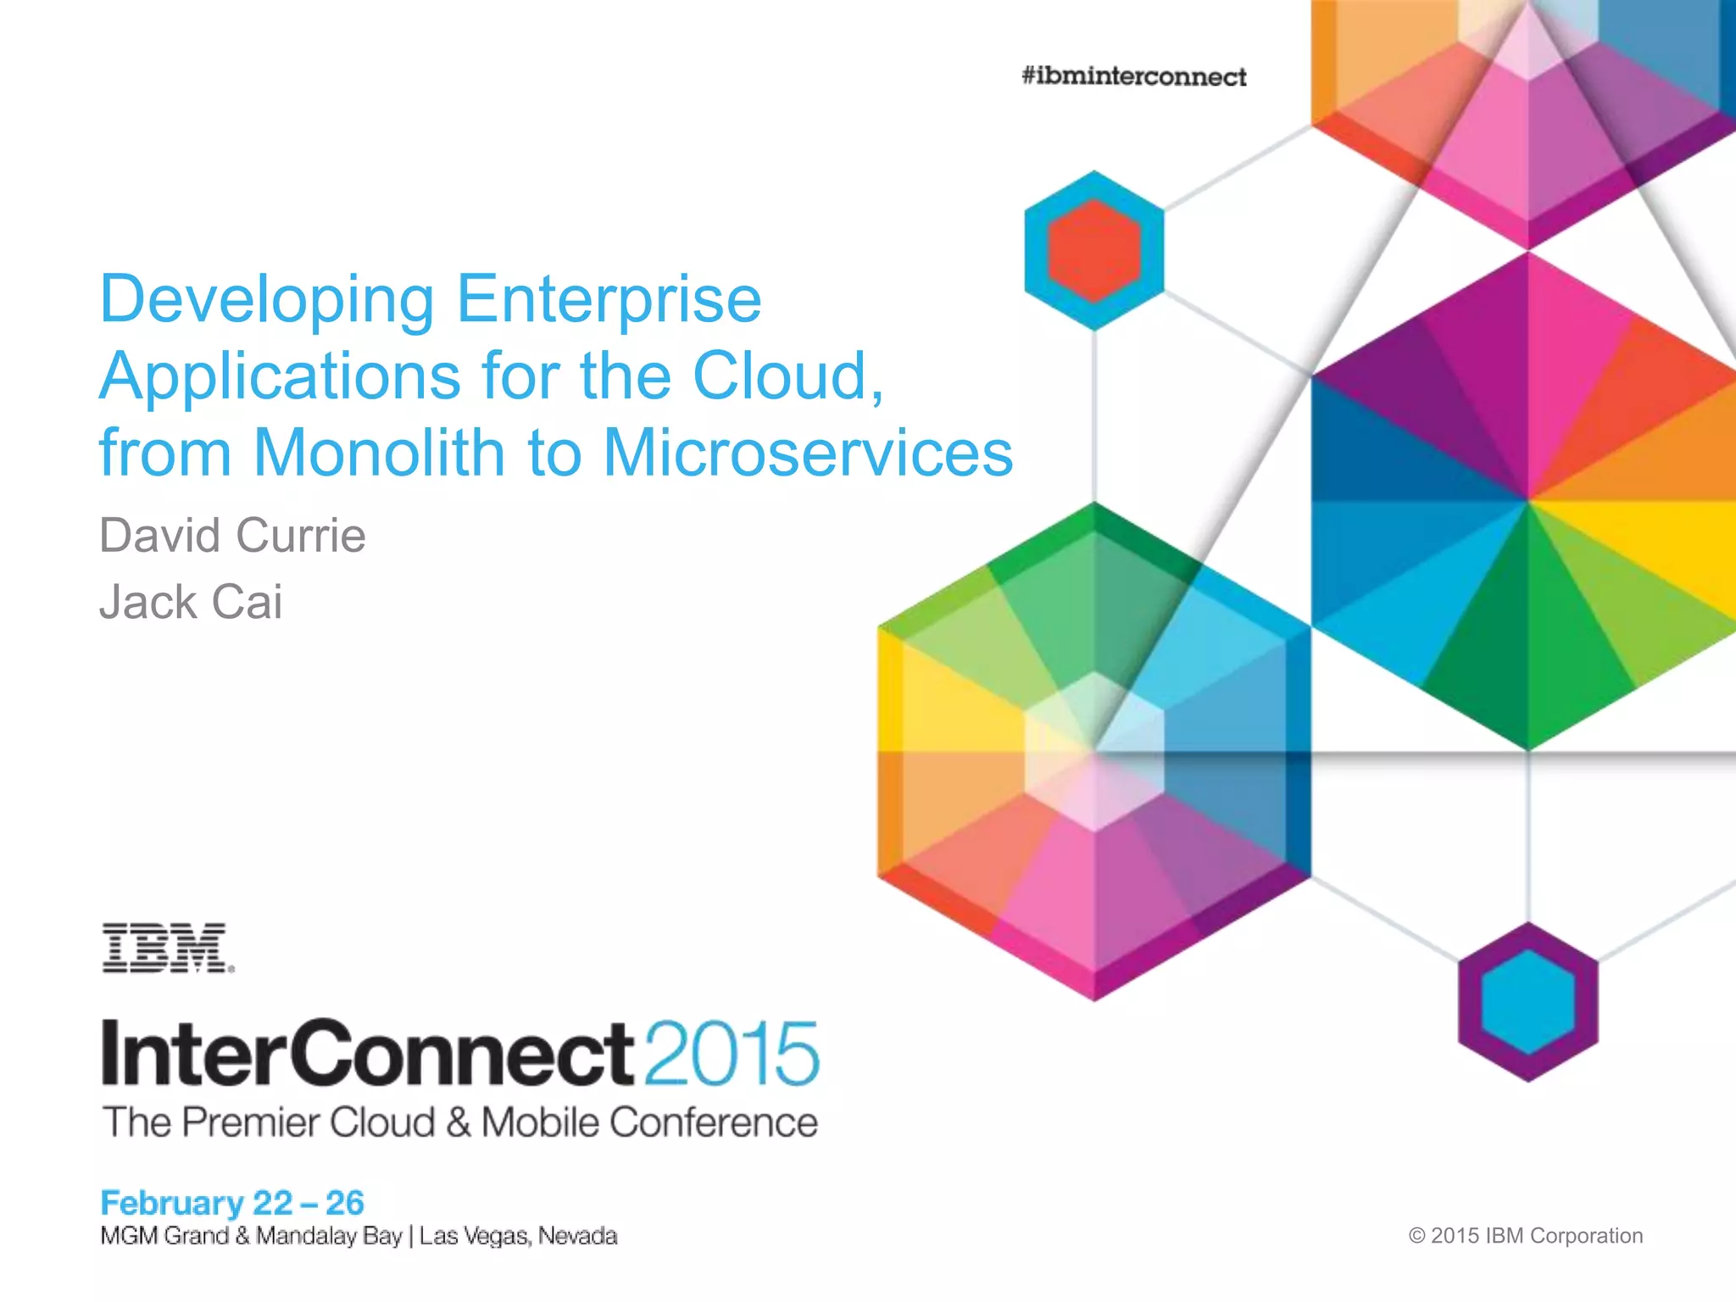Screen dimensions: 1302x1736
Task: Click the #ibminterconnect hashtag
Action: coord(1133,77)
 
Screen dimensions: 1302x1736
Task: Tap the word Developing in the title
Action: coord(267,301)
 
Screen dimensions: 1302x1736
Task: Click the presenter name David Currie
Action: coord(232,536)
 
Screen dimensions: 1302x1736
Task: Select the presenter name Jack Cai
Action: coord(191,603)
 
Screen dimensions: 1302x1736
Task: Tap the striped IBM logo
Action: coord(167,948)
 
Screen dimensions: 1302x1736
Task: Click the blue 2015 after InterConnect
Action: coord(732,1054)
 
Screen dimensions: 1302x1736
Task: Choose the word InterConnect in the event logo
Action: coord(367,1054)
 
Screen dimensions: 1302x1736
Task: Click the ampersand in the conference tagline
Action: coord(458,1123)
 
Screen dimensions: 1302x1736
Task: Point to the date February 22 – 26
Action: coord(232,1203)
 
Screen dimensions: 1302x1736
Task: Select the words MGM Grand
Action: coord(164,1236)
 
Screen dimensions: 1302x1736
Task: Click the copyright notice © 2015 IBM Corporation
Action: coord(1525,1236)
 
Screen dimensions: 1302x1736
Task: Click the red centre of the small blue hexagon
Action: coord(1093,251)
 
